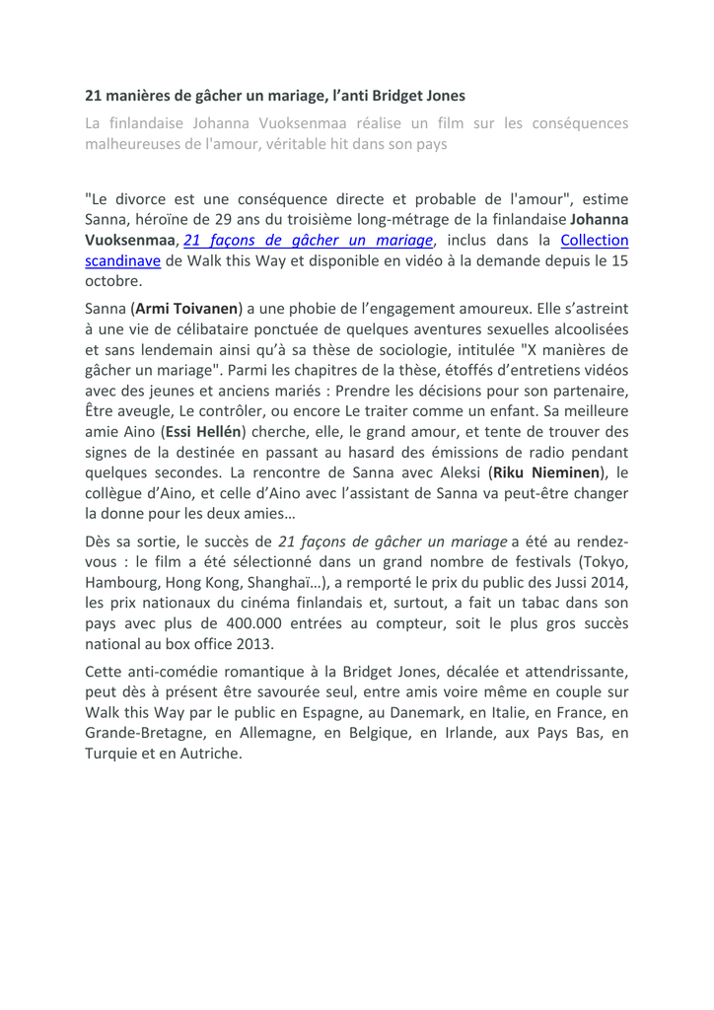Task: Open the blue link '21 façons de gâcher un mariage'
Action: click(x=309, y=240)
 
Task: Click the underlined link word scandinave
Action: click(x=122, y=260)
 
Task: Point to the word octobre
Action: click(x=111, y=281)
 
